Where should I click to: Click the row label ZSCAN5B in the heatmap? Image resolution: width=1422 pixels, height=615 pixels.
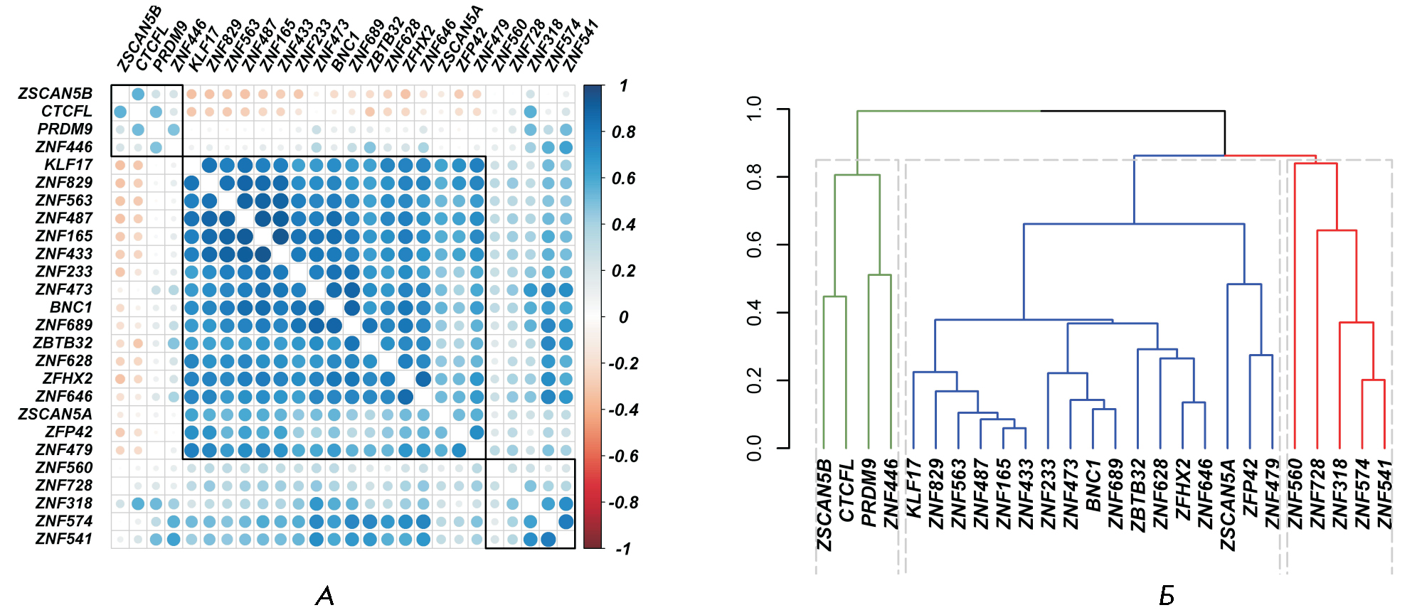(x=55, y=94)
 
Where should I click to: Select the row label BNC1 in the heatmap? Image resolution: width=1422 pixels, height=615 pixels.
(x=71, y=307)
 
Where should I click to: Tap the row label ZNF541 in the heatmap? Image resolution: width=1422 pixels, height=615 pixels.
(x=64, y=539)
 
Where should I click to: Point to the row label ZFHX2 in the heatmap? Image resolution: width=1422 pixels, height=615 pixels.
(x=67, y=378)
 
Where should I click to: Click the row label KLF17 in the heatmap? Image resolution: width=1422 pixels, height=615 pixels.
(x=68, y=165)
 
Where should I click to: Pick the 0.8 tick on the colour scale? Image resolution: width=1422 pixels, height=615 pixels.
(x=623, y=132)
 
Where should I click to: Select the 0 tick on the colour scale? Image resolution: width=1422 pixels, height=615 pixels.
(x=623, y=317)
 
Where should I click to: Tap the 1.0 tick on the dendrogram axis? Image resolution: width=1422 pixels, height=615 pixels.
(x=755, y=109)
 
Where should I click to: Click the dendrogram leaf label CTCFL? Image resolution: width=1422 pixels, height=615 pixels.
(x=846, y=491)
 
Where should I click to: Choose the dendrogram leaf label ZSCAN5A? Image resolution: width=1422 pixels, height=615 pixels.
(x=1227, y=505)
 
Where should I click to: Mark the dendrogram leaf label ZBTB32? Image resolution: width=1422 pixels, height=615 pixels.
(x=1137, y=496)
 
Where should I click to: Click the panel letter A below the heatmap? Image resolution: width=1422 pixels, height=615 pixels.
(x=324, y=596)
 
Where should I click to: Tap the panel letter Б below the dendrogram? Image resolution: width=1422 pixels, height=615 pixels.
(x=1167, y=596)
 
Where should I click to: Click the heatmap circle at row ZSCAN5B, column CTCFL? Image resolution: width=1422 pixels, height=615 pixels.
(x=138, y=94)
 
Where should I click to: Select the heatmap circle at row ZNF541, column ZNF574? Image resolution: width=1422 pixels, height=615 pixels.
(x=548, y=539)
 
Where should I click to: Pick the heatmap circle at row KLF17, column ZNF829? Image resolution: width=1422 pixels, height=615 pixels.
(x=209, y=165)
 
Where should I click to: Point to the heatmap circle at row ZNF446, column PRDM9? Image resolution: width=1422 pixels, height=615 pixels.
(x=156, y=147)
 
